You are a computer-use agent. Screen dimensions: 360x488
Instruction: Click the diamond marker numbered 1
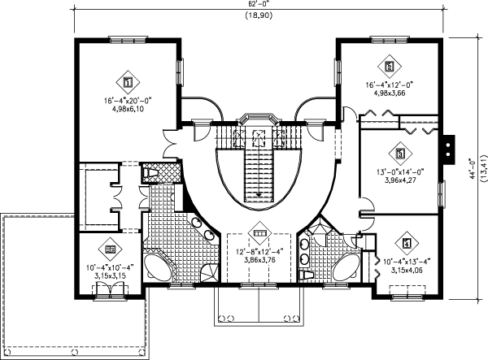click(x=128, y=81)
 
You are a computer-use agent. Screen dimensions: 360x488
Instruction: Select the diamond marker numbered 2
click(x=389, y=66)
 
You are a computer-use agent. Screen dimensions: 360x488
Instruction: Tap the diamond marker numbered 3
click(x=399, y=152)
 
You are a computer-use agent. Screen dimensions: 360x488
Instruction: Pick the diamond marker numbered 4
click(x=406, y=242)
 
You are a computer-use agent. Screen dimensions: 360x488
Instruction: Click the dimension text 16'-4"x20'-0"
click(x=128, y=102)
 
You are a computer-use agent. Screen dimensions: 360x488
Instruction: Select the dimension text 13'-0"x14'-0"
click(x=399, y=171)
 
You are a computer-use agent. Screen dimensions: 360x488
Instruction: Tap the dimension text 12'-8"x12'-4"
click(x=259, y=252)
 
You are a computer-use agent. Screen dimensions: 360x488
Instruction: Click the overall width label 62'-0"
click(x=259, y=5)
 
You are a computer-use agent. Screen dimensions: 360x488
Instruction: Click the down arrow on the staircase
click(x=259, y=193)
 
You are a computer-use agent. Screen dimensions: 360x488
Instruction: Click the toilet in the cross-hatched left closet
click(x=150, y=173)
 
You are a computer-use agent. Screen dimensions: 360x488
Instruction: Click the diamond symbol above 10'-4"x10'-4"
click(x=108, y=249)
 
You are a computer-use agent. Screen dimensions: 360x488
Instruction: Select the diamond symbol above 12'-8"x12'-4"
click(x=259, y=232)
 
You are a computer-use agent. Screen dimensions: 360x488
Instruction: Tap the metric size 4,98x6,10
click(x=128, y=110)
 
